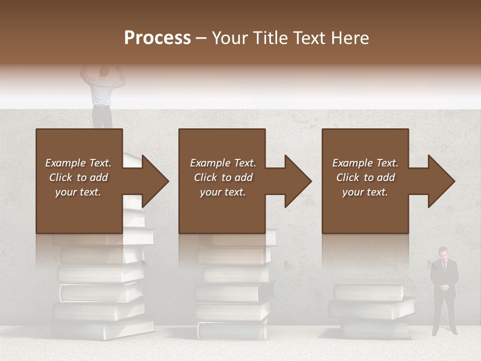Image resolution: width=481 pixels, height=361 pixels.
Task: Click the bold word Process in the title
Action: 157,38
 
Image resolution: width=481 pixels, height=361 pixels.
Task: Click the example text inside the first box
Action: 78,177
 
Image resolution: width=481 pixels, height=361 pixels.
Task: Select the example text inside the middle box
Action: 223,177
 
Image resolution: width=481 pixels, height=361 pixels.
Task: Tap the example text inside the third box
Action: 365,177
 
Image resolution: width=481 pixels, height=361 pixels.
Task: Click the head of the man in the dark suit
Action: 443,252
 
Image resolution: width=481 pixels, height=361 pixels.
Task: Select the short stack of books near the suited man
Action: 371,308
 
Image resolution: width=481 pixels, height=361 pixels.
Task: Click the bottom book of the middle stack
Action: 232,330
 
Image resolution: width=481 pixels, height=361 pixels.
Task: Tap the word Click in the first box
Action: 61,177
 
